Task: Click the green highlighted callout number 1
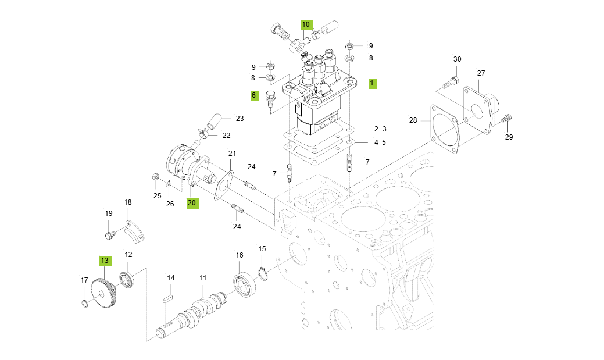(x=372, y=83)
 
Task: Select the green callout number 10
(x=306, y=25)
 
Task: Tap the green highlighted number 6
(x=254, y=95)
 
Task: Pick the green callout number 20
(x=192, y=203)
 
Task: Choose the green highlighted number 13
(x=104, y=261)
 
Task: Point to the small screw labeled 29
(x=506, y=119)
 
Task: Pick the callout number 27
(x=481, y=73)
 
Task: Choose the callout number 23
(x=240, y=118)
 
